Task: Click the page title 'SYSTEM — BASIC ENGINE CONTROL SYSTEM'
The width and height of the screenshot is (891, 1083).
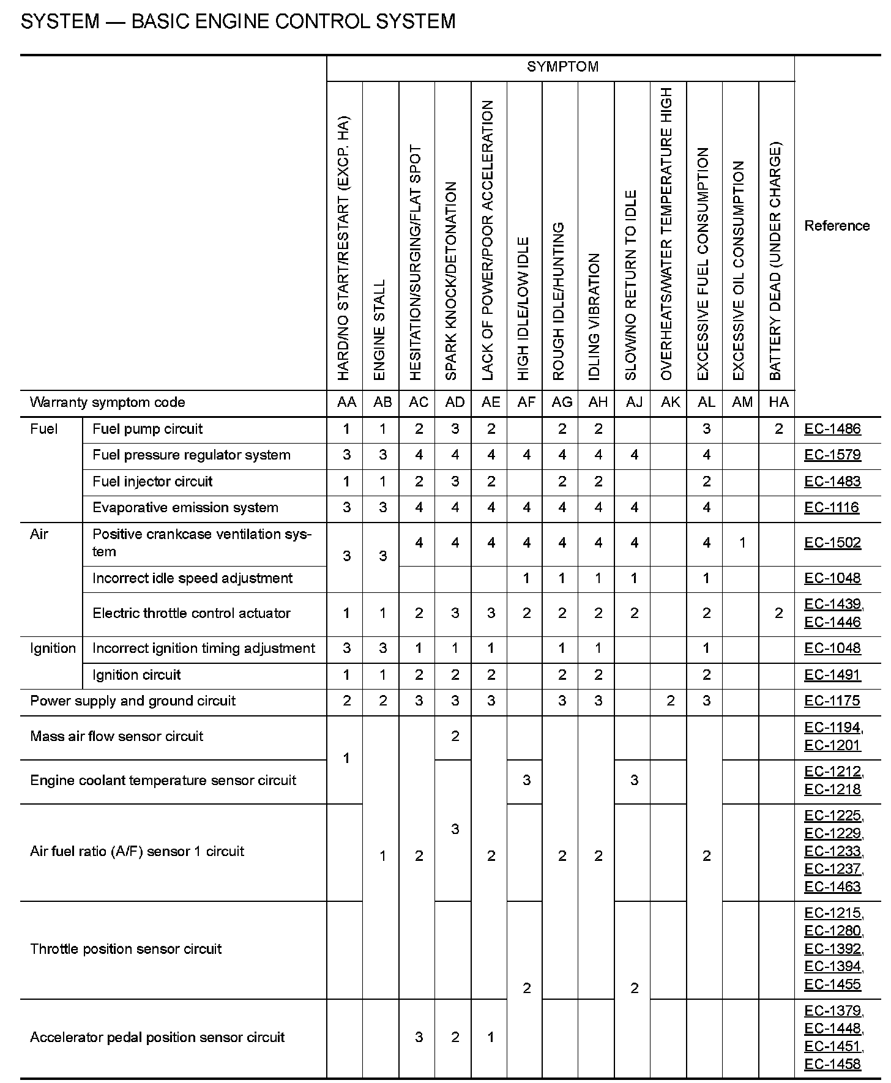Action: (x=238, y=21)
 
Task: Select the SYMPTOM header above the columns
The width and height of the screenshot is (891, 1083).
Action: (x=562, y=67)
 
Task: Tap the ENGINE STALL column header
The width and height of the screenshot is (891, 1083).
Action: (x=380, y=330)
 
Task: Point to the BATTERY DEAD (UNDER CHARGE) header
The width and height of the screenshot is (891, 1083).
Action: (x=775, y=261)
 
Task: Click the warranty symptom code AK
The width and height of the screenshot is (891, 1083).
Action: (x=670, y=402)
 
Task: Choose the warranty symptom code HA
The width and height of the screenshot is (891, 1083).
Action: (x=778, y=402)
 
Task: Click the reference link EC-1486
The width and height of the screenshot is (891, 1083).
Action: (x=832, y=429)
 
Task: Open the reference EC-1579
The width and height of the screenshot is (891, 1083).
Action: (x=832, y=455)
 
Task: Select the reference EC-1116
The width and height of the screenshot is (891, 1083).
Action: (x=832, y=508)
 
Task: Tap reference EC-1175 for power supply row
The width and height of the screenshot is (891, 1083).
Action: (x=832, y=701)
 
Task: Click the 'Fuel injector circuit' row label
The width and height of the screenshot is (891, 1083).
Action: (x=152, y=482)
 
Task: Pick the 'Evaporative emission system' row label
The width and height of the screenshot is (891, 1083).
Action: (x=185, y=508)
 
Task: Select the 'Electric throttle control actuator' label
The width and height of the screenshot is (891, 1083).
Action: (x=191, y=613)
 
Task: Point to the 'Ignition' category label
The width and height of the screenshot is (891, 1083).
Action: (x=53, y=649)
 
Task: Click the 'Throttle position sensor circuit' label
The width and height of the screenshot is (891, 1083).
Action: (x=125, y=949)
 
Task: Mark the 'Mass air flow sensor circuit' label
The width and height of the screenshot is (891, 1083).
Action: (x=116, y=736)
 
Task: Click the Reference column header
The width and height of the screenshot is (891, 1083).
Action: (x=837, y=226)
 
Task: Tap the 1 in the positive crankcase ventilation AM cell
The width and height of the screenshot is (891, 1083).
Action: (x=742, y=543)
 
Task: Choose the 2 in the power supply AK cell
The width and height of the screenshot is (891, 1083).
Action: (x=670, y=701)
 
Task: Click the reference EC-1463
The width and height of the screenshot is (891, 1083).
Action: (x=832, y=887)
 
